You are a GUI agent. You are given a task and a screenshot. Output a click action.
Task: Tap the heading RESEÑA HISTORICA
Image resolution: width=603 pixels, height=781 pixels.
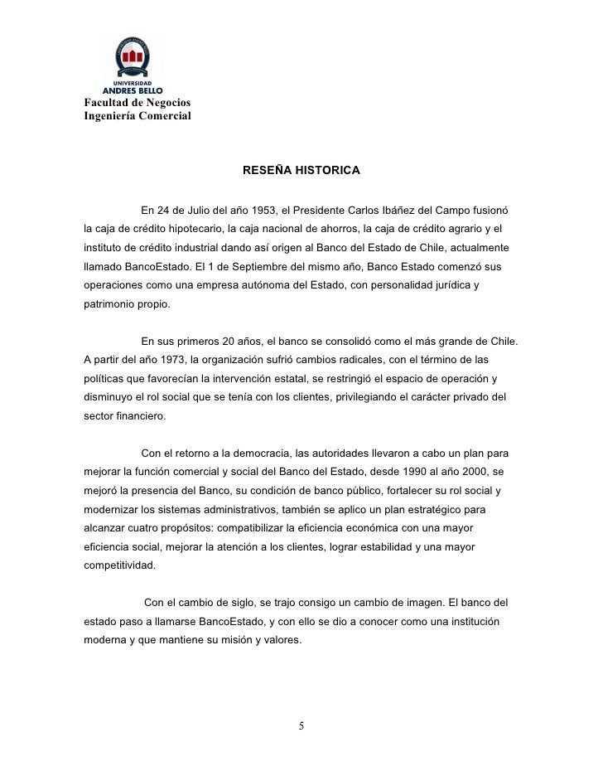[x=301, y=170]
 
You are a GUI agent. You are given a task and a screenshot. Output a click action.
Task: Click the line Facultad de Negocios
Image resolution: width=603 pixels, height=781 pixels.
[x=137, y=101]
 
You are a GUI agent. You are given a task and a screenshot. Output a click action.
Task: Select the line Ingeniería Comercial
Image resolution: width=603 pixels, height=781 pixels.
[x=137, y=115]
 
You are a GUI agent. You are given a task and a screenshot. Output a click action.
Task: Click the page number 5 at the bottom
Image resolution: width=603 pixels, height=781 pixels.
[x=301, y=727]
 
